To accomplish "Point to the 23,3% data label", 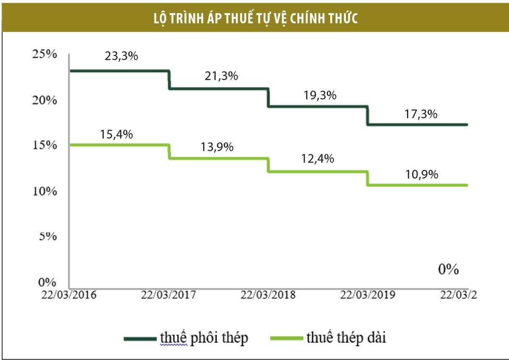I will [x=121, y=56].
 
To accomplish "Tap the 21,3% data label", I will [x=221, y=76].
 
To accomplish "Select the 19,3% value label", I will [x=320, y=95].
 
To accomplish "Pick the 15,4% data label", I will [x=117, y=134].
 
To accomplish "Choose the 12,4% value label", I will [x=317, y=159].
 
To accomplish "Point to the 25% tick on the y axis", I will [x=44, y=55].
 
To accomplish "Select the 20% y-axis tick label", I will [x=44, y=100].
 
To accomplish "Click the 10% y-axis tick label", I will [x=44, y=191].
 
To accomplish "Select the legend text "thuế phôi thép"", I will [x=204, y=338].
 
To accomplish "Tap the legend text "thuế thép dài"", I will [x=345, y=338].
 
